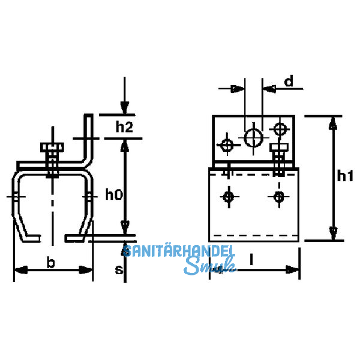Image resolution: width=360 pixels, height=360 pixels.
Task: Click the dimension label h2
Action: tap(124, 127)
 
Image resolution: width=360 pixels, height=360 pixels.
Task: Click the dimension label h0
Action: tap(114, 194)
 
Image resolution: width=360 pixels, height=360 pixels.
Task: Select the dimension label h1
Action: tap(345, 176)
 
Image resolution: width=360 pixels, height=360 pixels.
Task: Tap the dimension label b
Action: tap(51, 262)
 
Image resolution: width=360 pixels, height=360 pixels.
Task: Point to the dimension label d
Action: tap(289, 81)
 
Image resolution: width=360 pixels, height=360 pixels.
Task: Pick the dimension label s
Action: tap(119, 269)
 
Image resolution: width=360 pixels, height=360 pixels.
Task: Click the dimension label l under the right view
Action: tap(251, 259)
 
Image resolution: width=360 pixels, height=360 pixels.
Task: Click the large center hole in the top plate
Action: tap(253, 138)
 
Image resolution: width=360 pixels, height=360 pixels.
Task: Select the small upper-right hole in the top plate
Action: tap(280, 129)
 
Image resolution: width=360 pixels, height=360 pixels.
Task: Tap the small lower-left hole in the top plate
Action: tap(227, 145)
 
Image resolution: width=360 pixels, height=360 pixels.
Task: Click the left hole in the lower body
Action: tap(229, 197)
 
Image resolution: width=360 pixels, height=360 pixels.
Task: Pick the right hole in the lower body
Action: tap(279, 197)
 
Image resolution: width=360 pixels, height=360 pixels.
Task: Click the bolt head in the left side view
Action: tap(52, 147)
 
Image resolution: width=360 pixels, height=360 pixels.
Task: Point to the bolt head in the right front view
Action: tap(279, 147)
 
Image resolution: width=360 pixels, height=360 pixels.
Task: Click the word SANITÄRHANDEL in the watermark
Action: tap(179, 251)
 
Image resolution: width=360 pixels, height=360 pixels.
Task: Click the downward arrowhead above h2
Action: tap(124, 107)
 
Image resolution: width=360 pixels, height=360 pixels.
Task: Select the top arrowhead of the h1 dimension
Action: tap(333, 124)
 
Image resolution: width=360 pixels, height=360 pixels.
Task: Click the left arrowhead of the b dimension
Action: tap(21, 270)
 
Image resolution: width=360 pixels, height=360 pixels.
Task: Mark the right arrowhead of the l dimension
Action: tap(292, 270)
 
